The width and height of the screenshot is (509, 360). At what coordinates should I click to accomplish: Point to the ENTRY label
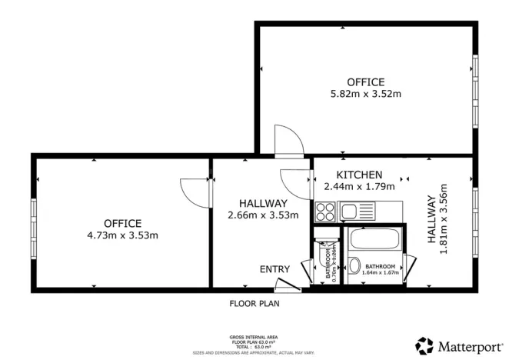coord(274,268)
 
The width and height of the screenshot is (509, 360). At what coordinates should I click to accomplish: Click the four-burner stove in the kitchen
coord(325,210)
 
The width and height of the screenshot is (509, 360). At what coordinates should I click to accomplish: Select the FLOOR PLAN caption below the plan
coord(254,303)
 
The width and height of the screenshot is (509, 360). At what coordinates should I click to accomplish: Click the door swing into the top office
coord(290,140)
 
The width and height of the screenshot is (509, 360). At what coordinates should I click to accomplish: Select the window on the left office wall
coord(33,222)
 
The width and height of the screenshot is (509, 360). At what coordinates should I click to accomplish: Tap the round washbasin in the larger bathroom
coord(357,266)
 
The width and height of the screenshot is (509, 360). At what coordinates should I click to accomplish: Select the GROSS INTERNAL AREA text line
coord(254,337)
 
